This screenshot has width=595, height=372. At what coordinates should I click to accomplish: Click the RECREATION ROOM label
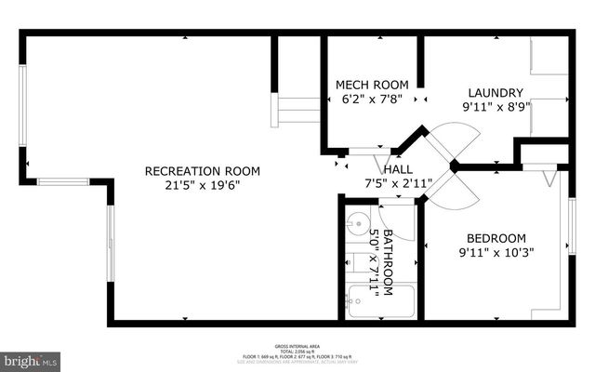202,171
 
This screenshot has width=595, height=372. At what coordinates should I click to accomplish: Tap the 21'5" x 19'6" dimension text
202,185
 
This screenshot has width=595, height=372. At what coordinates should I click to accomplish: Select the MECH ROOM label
372,86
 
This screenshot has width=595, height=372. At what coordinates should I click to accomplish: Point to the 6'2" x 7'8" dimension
372,100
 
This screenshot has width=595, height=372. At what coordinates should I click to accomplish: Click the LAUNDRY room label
496,92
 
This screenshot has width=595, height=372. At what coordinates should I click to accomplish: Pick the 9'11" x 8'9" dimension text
496,106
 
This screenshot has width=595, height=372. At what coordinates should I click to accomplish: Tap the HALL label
398,169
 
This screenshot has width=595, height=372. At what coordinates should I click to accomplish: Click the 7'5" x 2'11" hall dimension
398,183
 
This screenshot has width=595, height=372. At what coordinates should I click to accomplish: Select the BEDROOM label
496,237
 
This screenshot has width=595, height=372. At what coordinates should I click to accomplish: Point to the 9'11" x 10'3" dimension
496,251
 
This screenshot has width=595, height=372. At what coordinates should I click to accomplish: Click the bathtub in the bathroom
380,301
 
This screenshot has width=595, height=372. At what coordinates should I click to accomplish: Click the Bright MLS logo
32,359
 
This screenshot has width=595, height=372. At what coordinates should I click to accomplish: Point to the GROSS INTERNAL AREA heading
297,343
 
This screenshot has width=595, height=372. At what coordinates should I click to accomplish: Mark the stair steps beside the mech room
296,110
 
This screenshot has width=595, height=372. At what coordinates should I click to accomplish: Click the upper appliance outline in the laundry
549,56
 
